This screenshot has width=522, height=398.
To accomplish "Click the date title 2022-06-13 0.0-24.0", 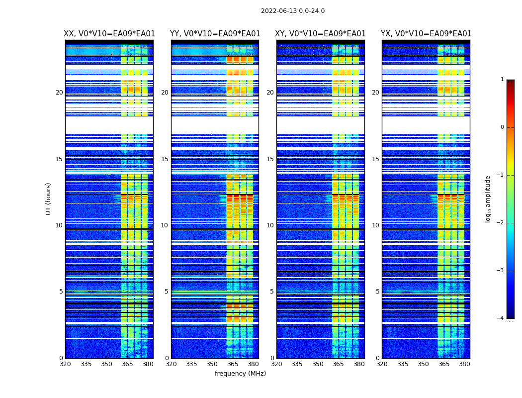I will (293, 11).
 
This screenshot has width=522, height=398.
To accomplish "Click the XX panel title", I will (109, 34).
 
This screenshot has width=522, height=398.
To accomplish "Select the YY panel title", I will (215, 34).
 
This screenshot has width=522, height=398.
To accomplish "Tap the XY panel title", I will (321, 34).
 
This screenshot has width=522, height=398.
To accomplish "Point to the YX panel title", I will (426, 34).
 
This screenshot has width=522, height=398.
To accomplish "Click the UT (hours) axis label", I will (49, 199).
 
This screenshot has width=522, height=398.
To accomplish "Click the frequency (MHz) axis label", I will (240, 374).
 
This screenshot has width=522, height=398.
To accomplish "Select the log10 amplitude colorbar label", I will (488, 199).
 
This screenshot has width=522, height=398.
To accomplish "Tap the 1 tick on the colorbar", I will (502, 80).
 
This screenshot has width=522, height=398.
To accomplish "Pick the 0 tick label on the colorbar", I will (502, 127).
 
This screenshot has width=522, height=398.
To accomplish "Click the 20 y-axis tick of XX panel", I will (59, 93).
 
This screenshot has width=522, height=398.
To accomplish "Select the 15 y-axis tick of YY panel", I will (165, 159).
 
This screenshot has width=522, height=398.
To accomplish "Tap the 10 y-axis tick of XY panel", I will (270, 225).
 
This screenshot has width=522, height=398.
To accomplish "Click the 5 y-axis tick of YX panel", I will (378, 292).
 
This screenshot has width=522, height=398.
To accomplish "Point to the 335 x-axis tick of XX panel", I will (86, 364).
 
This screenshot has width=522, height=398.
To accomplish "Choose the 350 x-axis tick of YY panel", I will (212, 364).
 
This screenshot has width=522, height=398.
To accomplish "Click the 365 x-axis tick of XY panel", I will (338, 364).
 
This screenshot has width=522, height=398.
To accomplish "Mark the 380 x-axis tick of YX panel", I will (464, 364).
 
